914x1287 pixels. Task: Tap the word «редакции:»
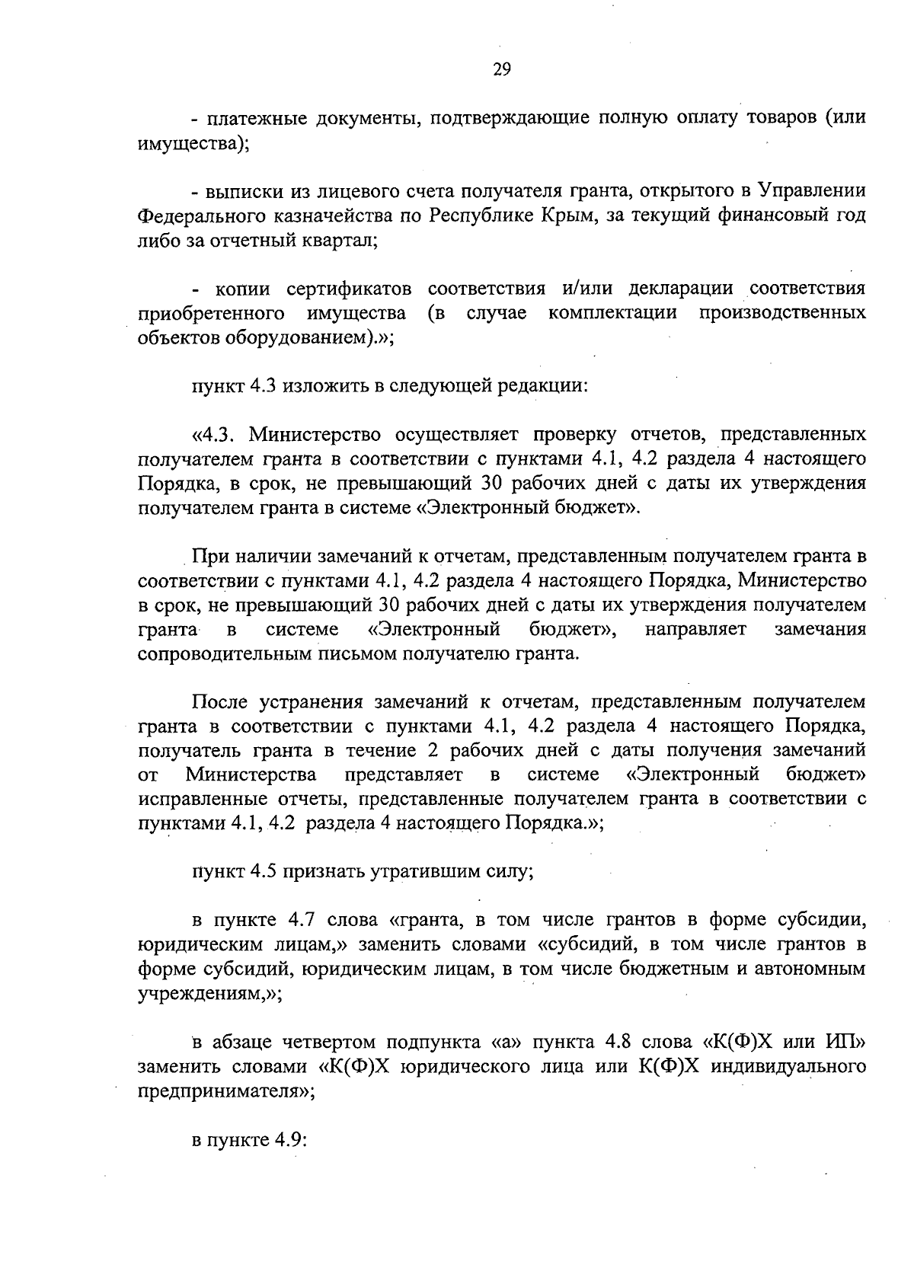coord(543,385)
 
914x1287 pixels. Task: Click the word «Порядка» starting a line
coord(166,484)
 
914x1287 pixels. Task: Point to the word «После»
coord(220,701)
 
